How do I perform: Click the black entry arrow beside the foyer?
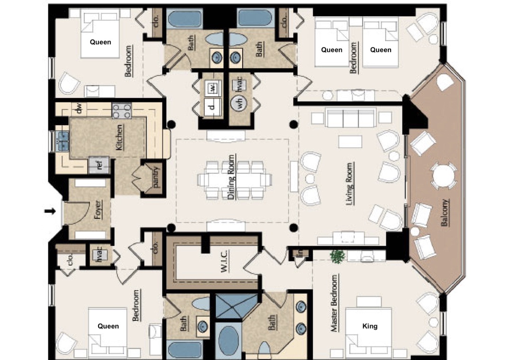pyautogui.click(x=50, y=211)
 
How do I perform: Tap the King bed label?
pyautogui.click(x=370, y=326)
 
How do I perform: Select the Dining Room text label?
pyautogui.click(x=231, y=177)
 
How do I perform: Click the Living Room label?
pyautogui.click(x=350, y=184)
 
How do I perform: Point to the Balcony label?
pyautogui.click(x=445, y=213)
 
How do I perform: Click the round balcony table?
pyautogui.click(x=443, y=176)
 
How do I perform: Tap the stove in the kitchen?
pyautogui.click(x=121, y=111)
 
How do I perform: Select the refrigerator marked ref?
pyautogui.click(x=99, y=165)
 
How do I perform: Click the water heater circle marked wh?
pyautogui.click(x=238, y=103)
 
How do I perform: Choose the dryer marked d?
pyautogui.click(x=212, y=107)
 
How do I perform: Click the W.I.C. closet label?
pyautogui.click(x=224, y=261)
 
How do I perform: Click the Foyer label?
pyautogui.click(x=98, y=209)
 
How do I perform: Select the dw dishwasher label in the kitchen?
pyautogui.click(x=78, y=108)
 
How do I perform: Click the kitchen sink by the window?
pyautogui.click(x=62, y=141)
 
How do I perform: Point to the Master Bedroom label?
pyautogui.click(x=334, y=303)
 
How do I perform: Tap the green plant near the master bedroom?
pyautogui.click(x=338, y=256)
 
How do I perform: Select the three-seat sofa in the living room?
pyautogui.click(x=350, y=118)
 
